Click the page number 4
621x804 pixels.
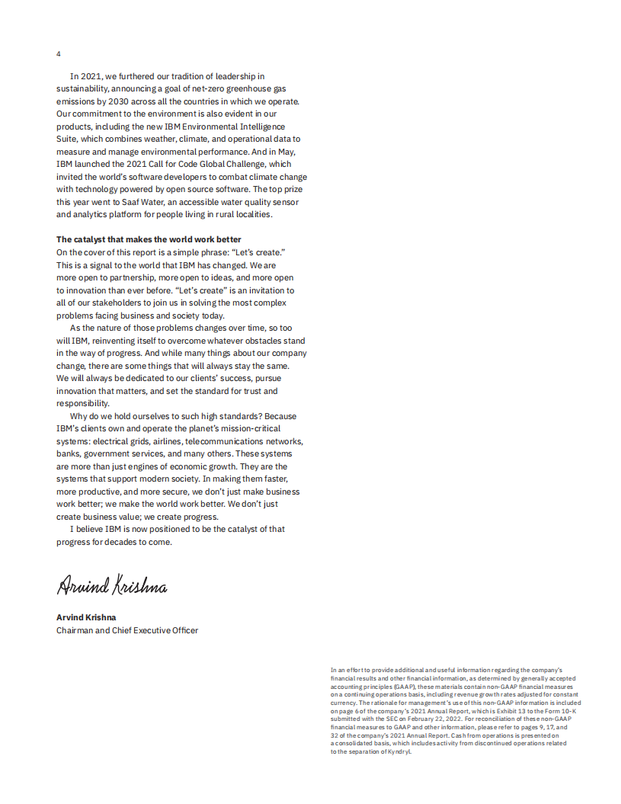(x=59, y=53)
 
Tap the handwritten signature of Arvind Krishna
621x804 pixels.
(x=111, y=585)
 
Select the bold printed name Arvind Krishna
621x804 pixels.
(x=86, y=617)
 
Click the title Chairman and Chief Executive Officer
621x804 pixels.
(x=127, y=630)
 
